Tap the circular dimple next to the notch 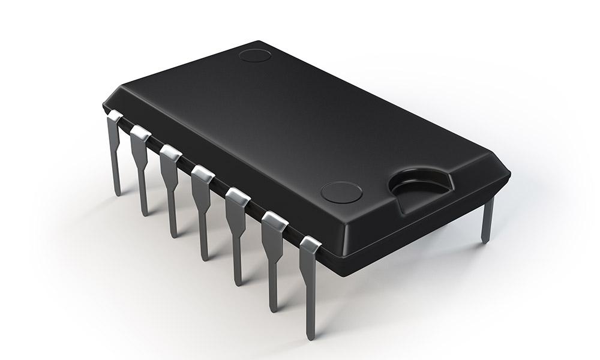click(341, 192)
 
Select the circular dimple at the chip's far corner click(255, 56)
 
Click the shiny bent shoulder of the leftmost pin click(114, 116)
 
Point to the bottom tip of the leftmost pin click(117, 193)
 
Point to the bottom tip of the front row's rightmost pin click(311, 338)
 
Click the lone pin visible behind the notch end click(487, 219)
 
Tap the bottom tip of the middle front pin click(205, 258)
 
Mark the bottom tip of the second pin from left click(144, 213)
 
